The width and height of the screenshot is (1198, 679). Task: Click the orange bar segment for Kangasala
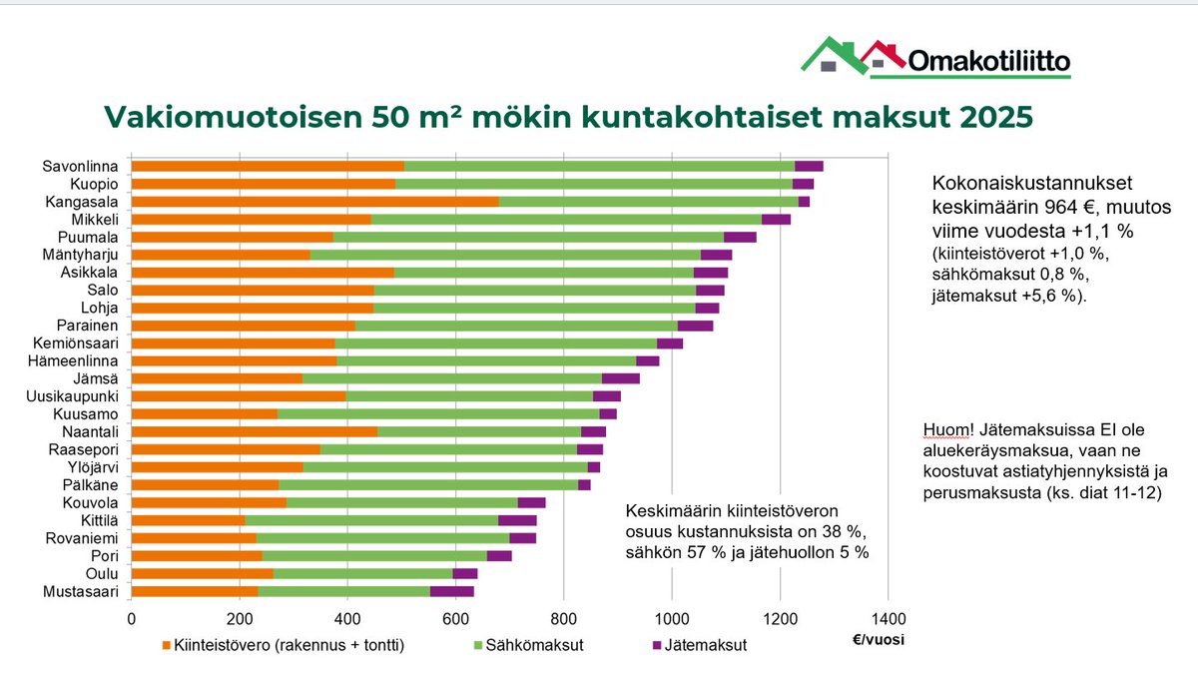(314, 202)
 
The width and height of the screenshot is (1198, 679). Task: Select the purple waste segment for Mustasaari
(451, 591)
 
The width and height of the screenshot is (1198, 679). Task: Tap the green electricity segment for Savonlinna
(599, 166)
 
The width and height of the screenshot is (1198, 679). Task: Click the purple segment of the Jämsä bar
(620, 378)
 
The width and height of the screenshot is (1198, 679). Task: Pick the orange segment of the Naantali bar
(255, 431)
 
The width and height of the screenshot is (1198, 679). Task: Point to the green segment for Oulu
(362, 573)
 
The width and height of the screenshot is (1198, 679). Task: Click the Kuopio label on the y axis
(99, 184)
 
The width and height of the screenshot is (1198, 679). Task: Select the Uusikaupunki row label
(80, 396)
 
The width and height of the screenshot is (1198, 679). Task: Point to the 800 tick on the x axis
(563, 617)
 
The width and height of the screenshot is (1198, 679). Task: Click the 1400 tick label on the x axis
(887, 617)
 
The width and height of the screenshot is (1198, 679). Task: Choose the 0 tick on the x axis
(132, 617)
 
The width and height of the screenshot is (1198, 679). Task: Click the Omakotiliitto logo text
(988, 62)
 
